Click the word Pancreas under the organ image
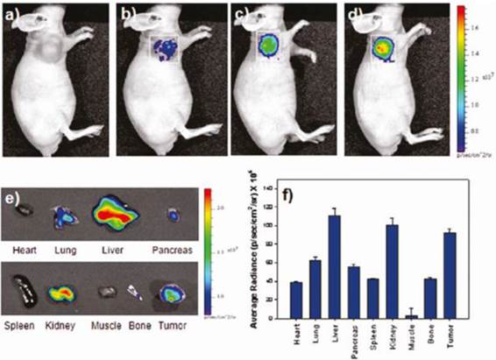click(173, 249)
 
